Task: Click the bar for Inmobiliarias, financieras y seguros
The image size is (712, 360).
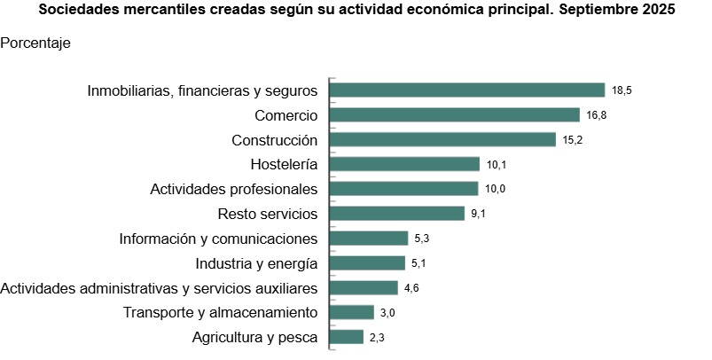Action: point(467,90)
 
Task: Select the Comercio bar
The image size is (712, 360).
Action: point(459,114)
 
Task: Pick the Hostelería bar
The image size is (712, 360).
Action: point(405,164)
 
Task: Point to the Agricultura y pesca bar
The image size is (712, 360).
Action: point(347,337)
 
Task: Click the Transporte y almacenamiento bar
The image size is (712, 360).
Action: point(352,312)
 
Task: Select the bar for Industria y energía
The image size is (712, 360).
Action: point(367,263)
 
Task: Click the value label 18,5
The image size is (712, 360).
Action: point(621,90)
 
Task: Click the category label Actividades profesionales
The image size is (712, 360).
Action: point(233,189)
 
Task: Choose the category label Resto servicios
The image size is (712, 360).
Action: point(267,214)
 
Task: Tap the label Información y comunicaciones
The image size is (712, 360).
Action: point(218,239)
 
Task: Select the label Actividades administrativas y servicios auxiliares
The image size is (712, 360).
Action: point(159,288)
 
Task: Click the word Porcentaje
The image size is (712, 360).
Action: point(35,43)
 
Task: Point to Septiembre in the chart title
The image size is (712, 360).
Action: point(589,12)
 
